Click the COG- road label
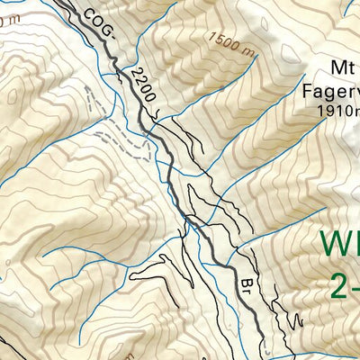click(x=98, y=24)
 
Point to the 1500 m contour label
click(x=229, y=40)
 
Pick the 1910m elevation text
click(x=337, y=111)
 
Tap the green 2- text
click(x=344, y=286)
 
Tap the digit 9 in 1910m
click(x=328, y=111)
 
